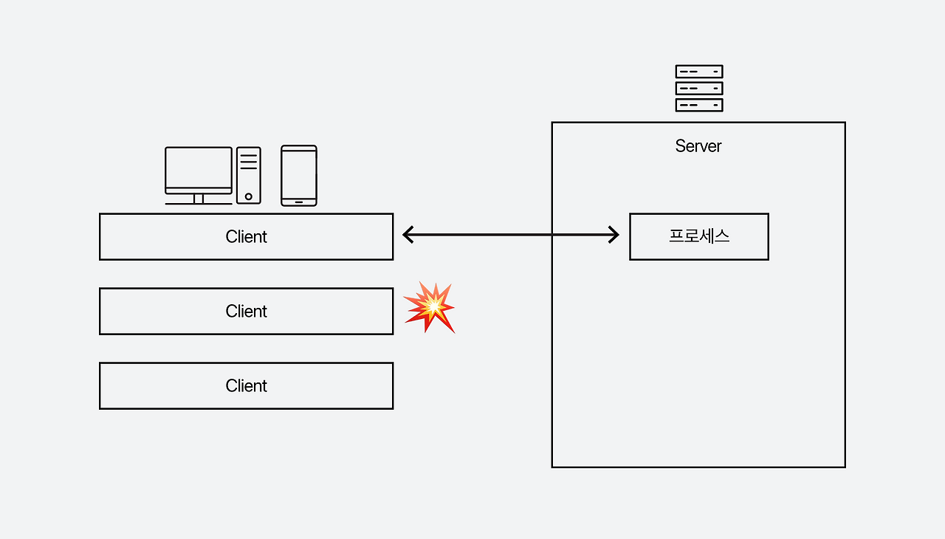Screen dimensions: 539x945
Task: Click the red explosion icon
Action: tap(429, 306)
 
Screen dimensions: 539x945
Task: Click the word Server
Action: tap(698, 146)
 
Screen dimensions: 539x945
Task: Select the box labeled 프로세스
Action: tap(698, 236)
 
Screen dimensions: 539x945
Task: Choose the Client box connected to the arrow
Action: tap(246, 237)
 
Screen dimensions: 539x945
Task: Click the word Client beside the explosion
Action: tap(246, 312)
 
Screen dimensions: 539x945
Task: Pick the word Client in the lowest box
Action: tap(246, 386)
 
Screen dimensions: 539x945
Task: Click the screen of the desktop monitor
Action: tap(198, 168)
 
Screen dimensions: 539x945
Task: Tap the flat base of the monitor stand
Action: tap(198, 203)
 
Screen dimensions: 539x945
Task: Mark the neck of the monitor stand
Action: tap(198, 198)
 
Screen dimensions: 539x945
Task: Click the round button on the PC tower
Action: tap(249, 196)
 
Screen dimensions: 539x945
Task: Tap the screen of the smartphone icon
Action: tap(299, 174)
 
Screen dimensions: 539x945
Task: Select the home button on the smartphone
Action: tap(299, 201)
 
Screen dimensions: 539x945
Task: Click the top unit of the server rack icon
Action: tap(698, 72)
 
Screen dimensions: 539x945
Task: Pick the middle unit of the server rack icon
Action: tap(698, 89)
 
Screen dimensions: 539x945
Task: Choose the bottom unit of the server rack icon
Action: tap(698, 105)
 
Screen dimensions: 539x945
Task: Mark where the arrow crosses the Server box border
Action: tap(552, 235)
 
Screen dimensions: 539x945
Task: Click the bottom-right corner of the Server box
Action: tap(845, 467)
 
